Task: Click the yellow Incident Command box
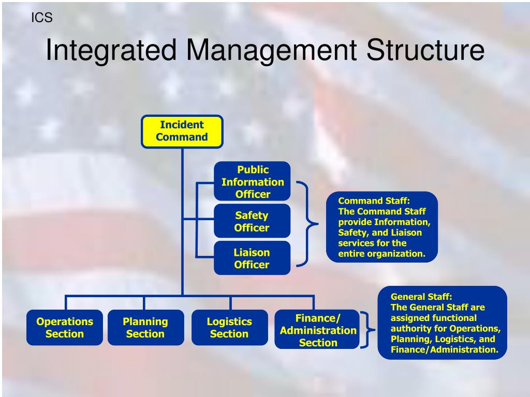[x=182, y=131]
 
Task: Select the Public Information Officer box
[x=252, y=181]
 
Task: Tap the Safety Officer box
[x=252, y=221]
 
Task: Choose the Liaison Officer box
[x=252, y=258]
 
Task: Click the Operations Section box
[x=65, y=327]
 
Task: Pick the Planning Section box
[x=145, y=327]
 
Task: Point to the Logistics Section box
[x=229, y=327]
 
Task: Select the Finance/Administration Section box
[x=317, y=330]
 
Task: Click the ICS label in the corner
[x=42, y=18]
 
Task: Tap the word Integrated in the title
[x=112, y=51]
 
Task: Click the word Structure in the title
[x=425, y=51]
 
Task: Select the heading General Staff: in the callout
[x=421, y=297]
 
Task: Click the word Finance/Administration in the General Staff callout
[x=443, y=349]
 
